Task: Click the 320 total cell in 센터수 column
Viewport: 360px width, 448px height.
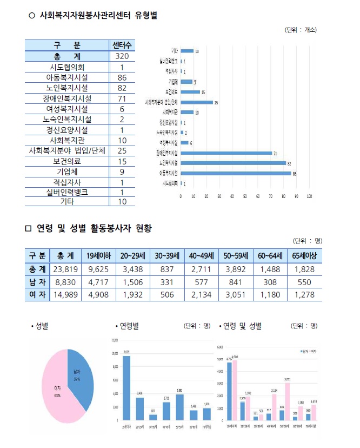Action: tap(122, 56)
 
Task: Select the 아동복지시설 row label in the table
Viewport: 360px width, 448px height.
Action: tap(67, 77)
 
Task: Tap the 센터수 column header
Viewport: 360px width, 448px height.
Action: tap(122, 45)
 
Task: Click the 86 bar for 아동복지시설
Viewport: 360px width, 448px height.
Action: tap(236, 173)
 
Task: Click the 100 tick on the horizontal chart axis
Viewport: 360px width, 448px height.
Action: tap(309, 196)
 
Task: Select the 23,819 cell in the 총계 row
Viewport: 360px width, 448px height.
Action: tap(65, 269)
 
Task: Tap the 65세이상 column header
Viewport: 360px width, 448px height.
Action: tap(305, 255)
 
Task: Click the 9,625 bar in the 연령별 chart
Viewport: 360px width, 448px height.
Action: tap(126, 387)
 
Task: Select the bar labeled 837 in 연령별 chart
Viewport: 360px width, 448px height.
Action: tap(153, 417)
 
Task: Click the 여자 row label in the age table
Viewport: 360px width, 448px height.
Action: tap(37, 294)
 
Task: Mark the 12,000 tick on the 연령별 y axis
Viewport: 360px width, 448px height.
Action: tap(114, 340)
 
